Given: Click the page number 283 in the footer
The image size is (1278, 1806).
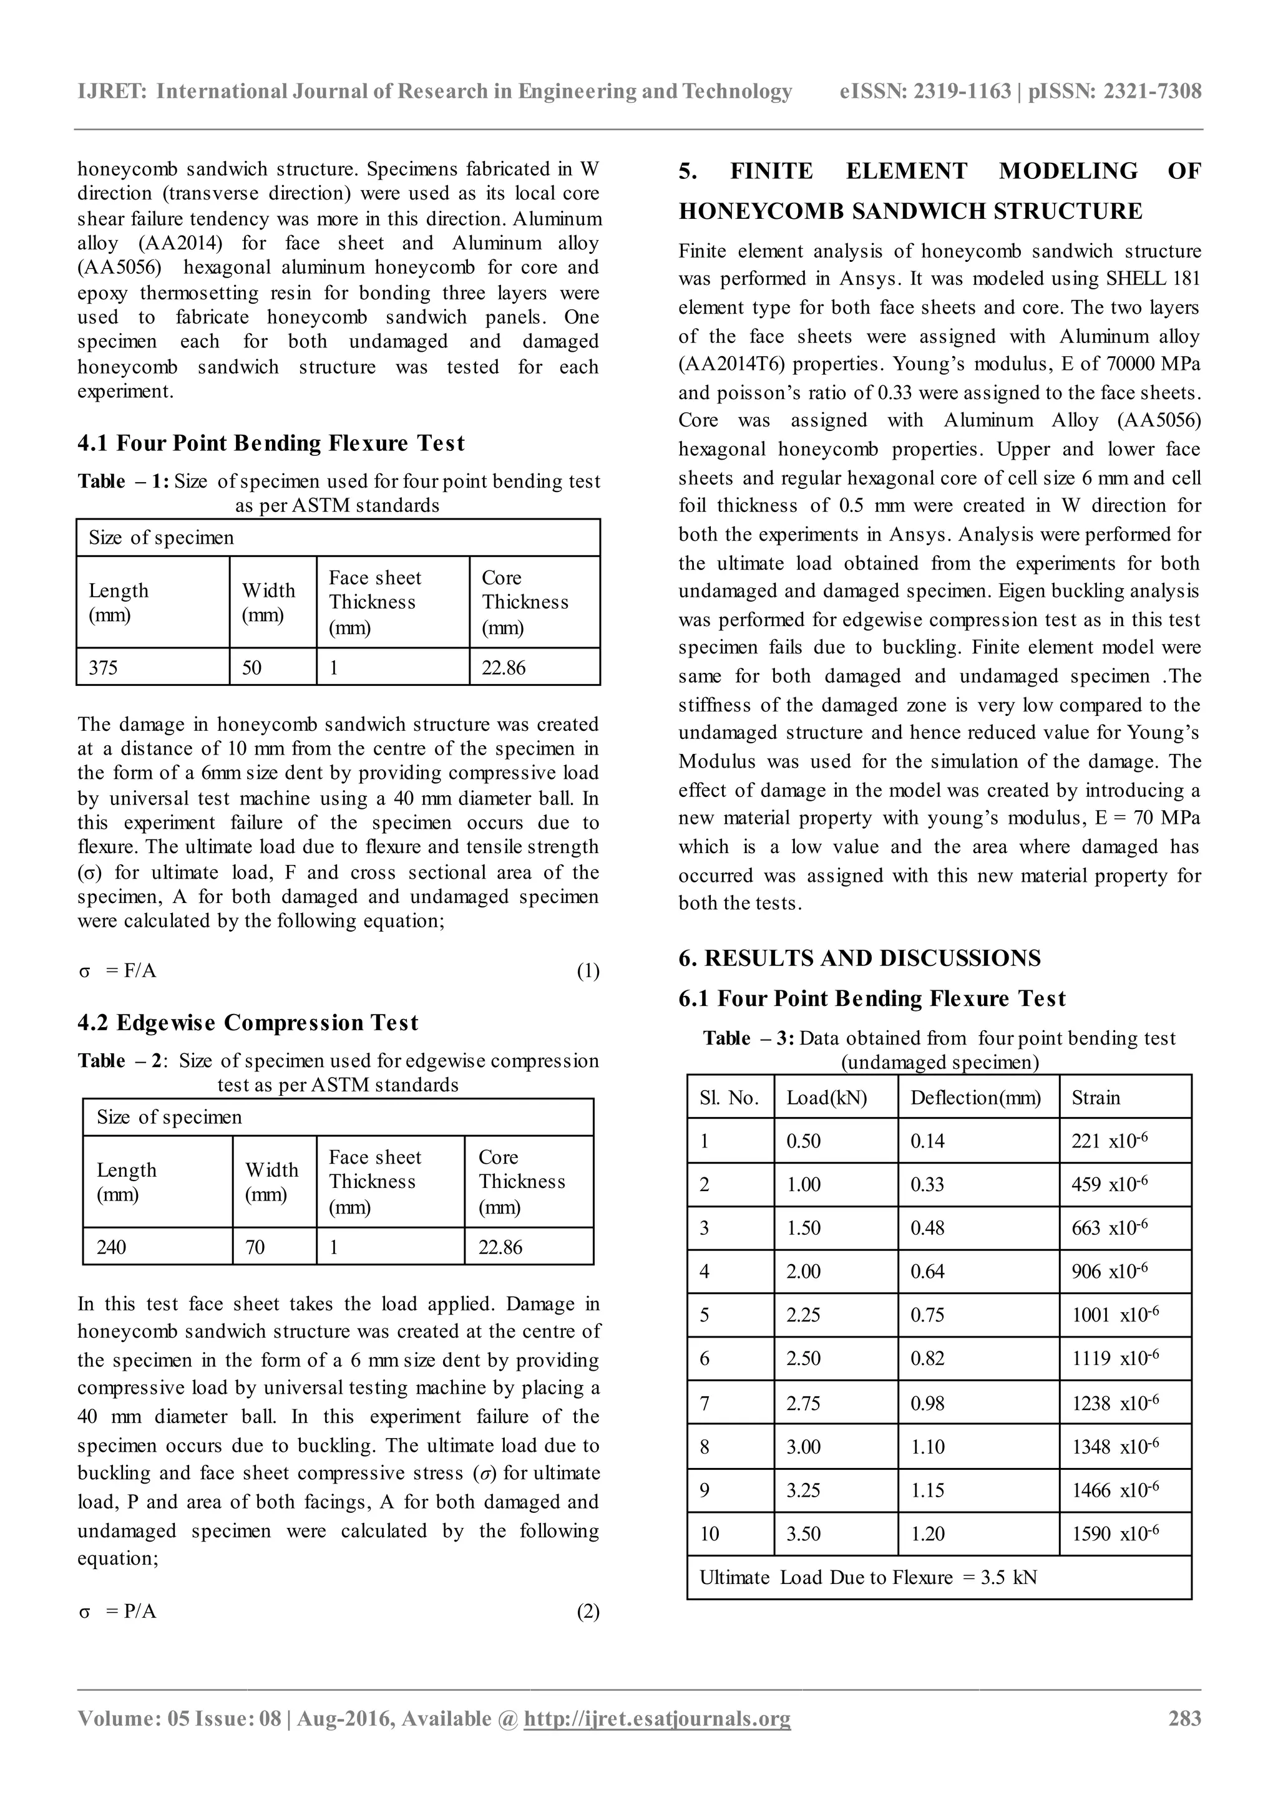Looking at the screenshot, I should pos(1184,1740).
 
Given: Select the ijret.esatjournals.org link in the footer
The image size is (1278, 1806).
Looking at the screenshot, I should pos(657,1740).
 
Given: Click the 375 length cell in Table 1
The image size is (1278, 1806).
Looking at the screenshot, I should pos(103,668).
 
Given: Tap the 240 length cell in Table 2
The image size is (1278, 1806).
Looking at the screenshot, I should pos(111,1247).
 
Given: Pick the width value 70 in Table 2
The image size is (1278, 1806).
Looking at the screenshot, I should pos(255,1247).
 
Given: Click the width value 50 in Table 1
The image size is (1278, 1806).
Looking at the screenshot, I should pos(252,668).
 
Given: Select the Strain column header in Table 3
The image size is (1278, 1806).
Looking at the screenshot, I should pos(1095,1098).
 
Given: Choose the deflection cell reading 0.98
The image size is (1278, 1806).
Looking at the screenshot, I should pos(928,1403).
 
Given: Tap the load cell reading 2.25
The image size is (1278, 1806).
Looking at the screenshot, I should pos(804,1315).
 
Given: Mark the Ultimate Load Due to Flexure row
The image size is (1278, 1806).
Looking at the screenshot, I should pos(868,1577).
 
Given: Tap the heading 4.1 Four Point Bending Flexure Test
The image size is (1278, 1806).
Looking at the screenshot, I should pos(271,443).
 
